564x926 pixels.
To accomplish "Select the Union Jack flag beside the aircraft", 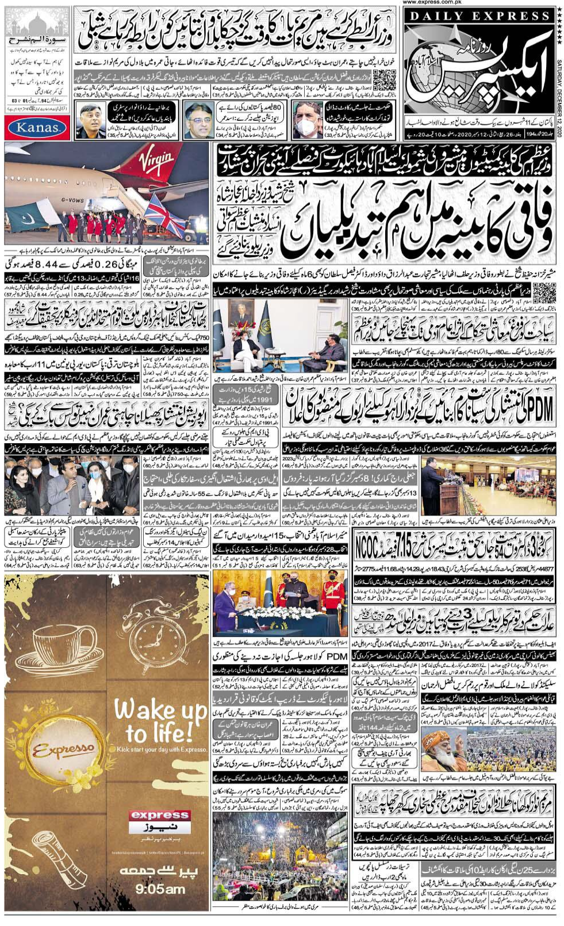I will click(x=164, y=214).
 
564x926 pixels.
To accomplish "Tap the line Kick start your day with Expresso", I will click(x=161, y=749).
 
